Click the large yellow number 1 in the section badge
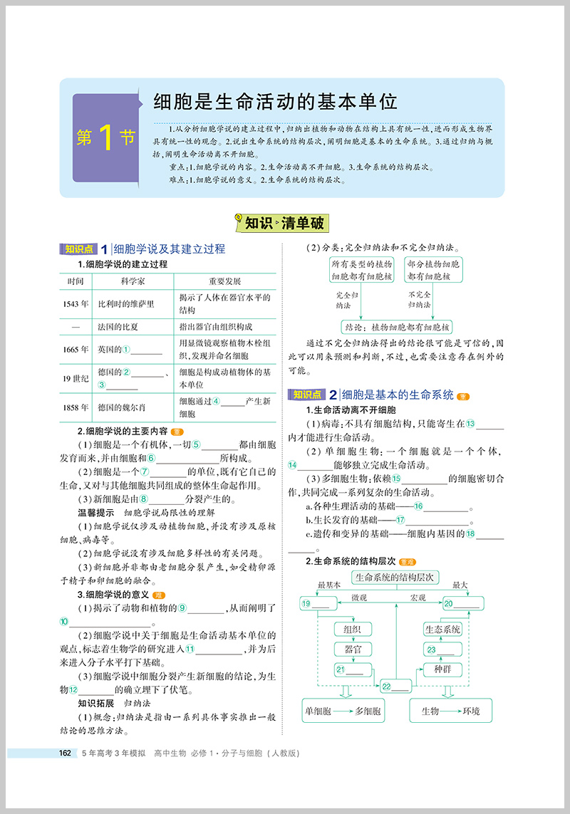coord(105,138)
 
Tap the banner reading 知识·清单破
coord(283,223)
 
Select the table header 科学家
coord(133,281)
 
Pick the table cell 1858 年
coord(76,407)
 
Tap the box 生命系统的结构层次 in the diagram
coord(396,578)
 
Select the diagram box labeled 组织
coord(352,629)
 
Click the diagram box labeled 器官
coord(352,649)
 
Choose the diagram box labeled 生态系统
coord(442,629)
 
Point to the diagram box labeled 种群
coord(442,669)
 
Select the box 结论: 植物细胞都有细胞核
coord(398,327)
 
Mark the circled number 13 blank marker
coord(470,423)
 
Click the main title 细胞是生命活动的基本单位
coord(275,102)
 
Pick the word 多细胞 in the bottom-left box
coord(367,711)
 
